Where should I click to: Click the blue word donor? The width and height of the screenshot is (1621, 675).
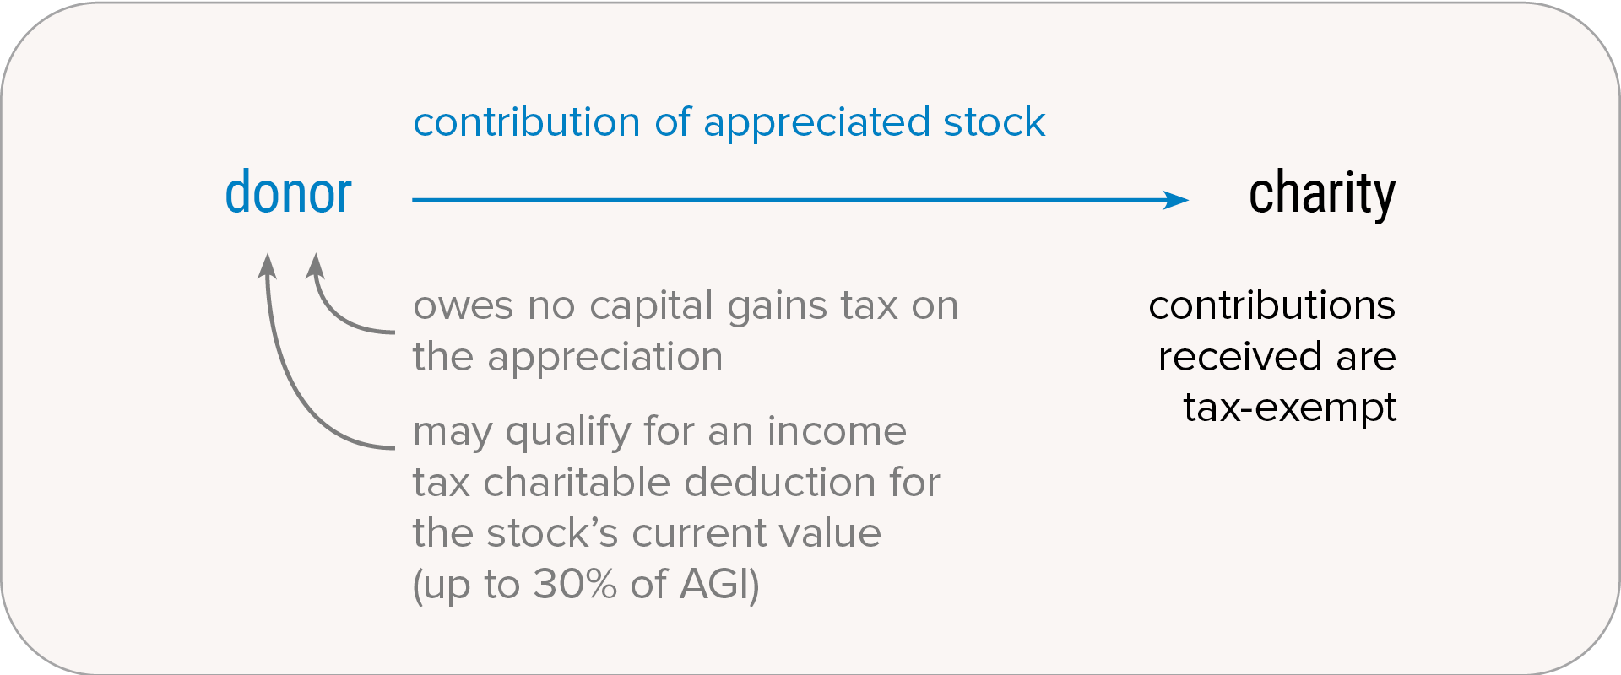point(288,192)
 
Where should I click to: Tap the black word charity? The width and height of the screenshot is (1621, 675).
point(1322,195)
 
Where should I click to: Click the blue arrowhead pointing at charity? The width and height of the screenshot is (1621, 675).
point(1175,200)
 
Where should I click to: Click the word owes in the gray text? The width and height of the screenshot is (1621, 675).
point(463,306)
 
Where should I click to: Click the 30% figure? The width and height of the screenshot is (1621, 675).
point(575,584)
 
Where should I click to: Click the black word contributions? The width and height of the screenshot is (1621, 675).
point(1272,305)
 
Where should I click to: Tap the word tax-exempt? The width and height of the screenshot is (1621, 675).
point(1290,408)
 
